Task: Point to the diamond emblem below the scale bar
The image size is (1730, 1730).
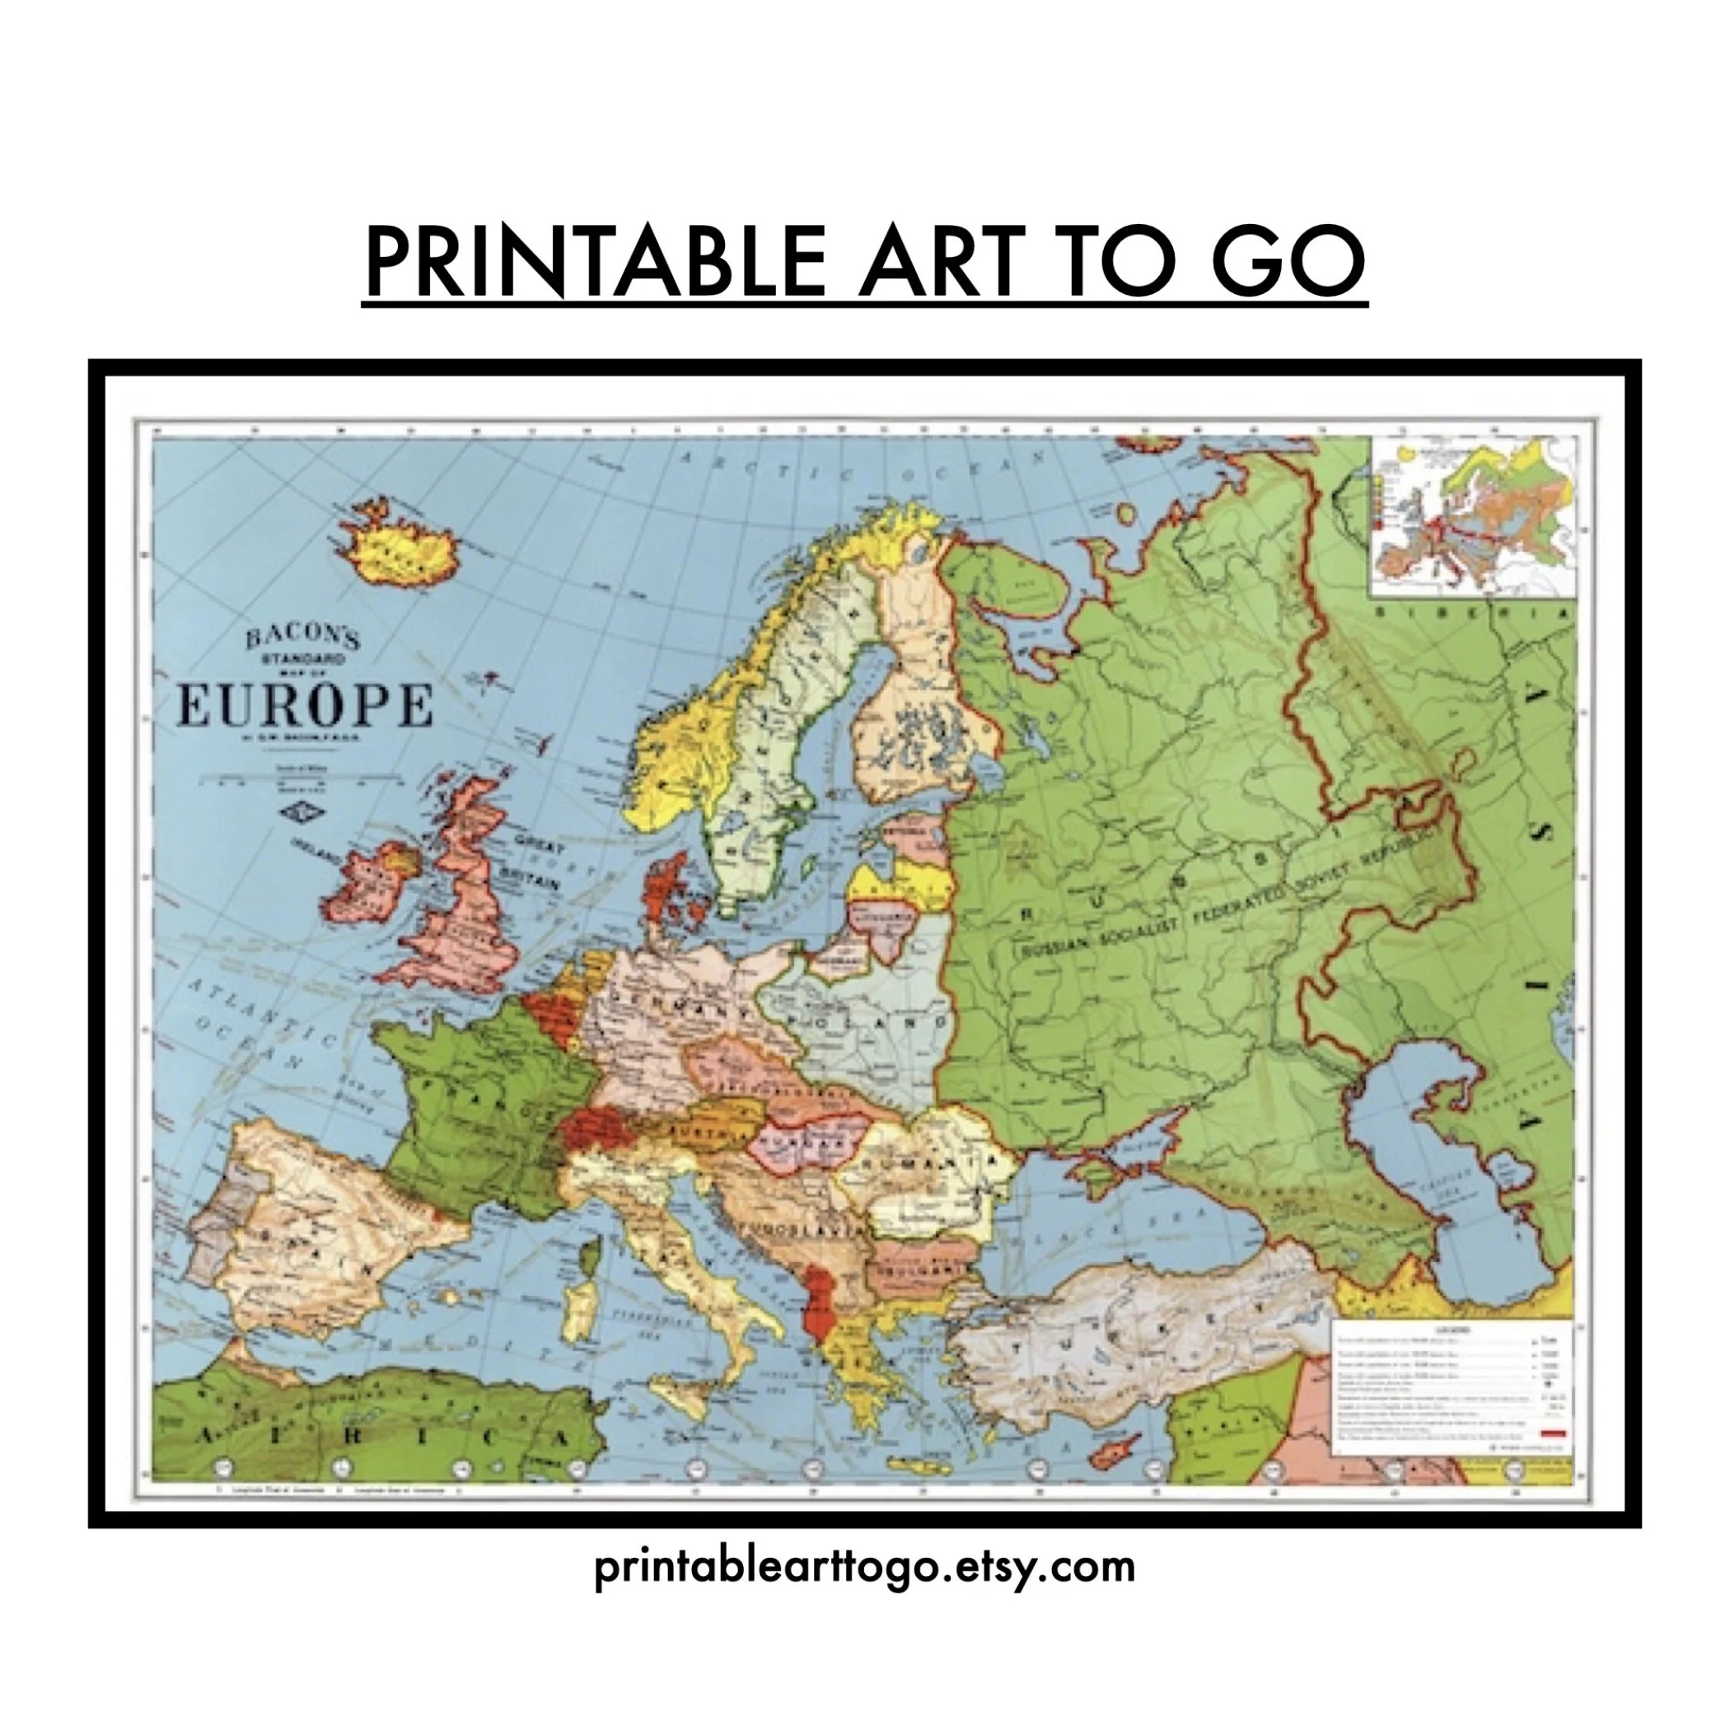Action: pos(292,811)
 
